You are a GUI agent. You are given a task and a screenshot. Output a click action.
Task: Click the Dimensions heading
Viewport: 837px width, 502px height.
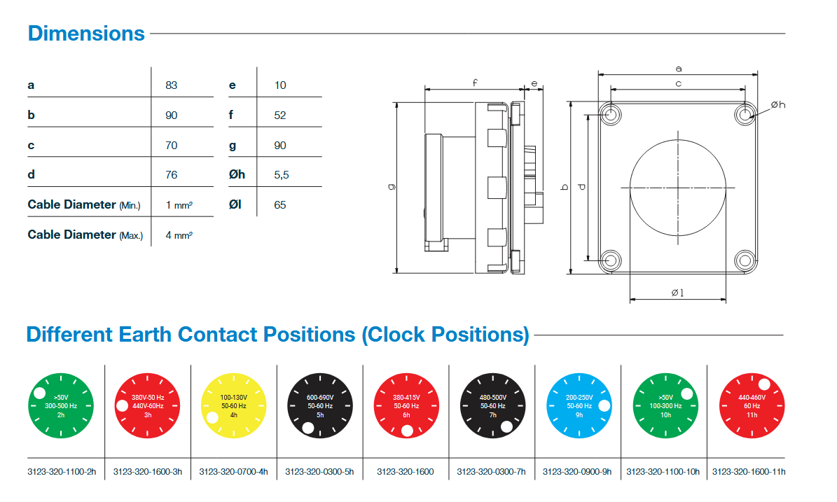[86, 34]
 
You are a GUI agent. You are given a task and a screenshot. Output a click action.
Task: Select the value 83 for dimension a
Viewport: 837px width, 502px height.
[172, 85]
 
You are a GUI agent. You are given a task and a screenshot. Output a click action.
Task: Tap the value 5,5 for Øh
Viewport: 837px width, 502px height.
[282, 175]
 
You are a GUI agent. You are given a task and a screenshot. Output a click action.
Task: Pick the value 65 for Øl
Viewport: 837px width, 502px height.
[280, 205]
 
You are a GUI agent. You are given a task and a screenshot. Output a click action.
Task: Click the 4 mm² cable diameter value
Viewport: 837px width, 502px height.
[179, 235]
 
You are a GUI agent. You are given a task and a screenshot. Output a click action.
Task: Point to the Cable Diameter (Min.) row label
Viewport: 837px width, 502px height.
[84, 205]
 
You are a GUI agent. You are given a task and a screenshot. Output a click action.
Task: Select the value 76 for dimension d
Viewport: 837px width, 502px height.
[172, 175]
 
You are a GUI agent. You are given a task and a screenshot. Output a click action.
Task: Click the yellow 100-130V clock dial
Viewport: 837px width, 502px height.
[234, 406]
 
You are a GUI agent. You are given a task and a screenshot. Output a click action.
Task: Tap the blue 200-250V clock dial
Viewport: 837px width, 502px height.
[579, 406]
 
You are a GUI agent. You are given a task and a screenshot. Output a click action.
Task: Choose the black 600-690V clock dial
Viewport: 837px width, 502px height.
[320, 406]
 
